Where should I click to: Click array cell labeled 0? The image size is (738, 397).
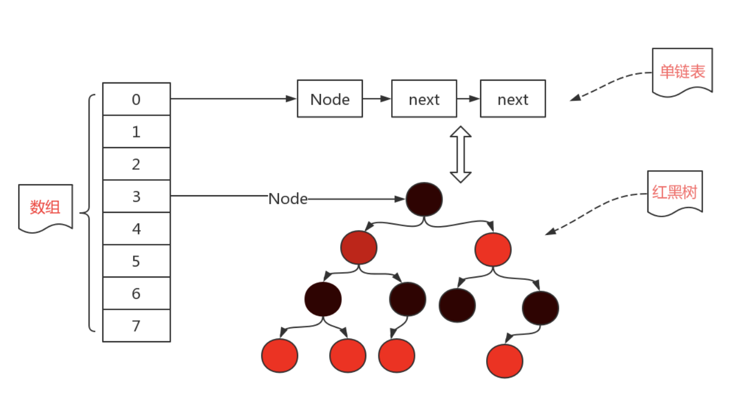tap(136, 99)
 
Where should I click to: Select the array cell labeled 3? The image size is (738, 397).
tap(136, 196)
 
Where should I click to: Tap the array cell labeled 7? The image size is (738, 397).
tap(136, 326)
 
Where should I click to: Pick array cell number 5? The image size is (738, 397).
tap(136, 261)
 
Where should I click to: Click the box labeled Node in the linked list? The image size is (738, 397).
tap(330, 99)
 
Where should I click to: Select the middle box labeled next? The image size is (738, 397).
tap(424, 99)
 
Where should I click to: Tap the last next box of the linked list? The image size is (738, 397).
tap(513, 99)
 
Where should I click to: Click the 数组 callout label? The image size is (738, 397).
tap(45, 207)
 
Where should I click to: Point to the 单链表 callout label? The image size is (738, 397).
tap(682, 71)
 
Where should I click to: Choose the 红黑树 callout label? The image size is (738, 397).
tap(674, 192)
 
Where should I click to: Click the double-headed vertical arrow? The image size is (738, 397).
tap(460, 154)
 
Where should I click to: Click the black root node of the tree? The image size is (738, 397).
tap(424, 199)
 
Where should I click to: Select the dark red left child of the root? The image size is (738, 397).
tap(359, 247)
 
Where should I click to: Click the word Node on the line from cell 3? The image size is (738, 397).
tap(287, 199)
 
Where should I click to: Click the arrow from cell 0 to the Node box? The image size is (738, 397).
tap(232, 99)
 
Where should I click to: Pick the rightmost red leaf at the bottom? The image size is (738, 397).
tap(504, 361)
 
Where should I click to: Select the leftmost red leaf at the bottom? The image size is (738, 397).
tap(280, 356)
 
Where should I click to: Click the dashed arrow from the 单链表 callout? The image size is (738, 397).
tap(610, 85)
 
